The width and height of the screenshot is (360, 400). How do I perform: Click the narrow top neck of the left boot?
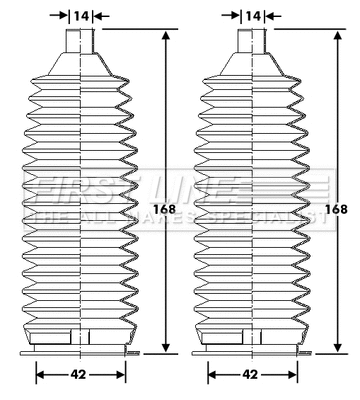(x=80, y=43)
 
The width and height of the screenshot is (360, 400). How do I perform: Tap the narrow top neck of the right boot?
(x=252, y=43)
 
